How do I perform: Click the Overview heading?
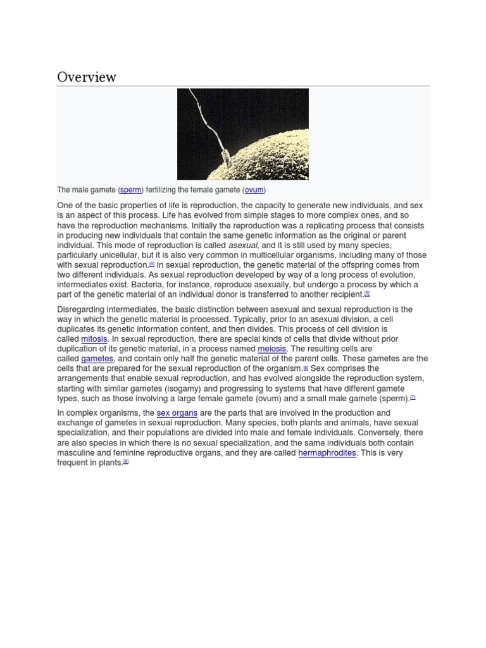(87, 77)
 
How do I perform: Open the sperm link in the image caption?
(131, 190)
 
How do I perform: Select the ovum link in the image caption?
(255, 190)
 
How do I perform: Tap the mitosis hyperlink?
(94, 339)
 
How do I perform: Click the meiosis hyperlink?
(272, 349)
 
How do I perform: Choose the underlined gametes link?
(97, 359)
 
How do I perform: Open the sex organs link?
(177, 413)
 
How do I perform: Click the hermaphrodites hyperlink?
(327, 453)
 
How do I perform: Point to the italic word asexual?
(243, 246)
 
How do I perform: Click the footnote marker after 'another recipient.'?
(367, 293)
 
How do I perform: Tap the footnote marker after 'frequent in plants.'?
(126, 461)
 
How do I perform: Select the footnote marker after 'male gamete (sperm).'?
(413, 397)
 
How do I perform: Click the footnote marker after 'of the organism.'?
(306, 367)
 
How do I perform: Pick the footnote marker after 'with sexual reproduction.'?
(152, 264)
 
